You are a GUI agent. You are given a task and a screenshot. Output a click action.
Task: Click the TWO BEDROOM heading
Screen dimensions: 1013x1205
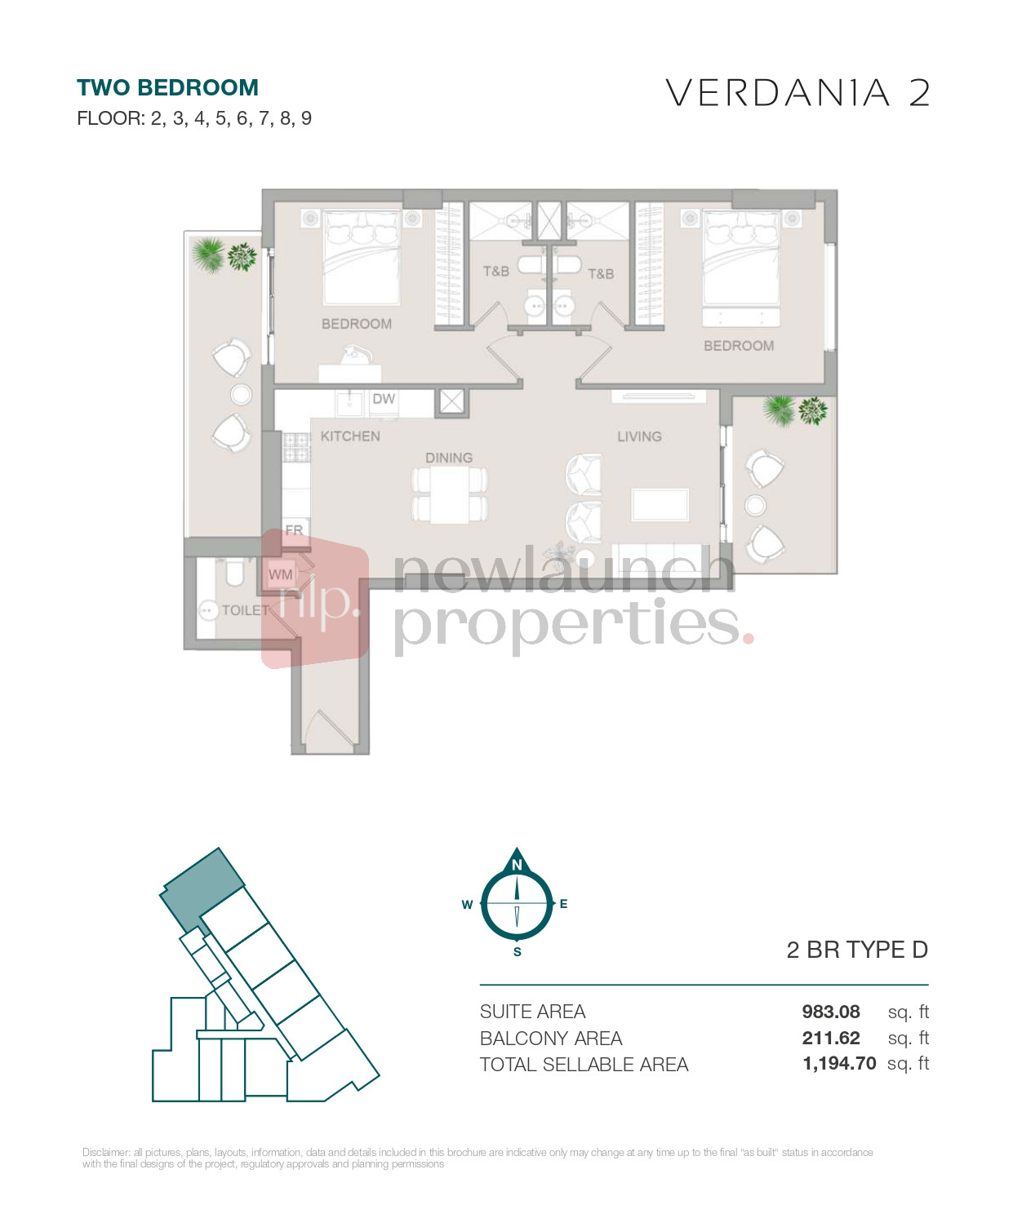click(167, 88)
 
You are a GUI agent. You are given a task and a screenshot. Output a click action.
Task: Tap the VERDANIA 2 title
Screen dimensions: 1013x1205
click(798, 93)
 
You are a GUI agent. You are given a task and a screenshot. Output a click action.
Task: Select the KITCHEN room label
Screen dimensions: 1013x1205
click(350, 436)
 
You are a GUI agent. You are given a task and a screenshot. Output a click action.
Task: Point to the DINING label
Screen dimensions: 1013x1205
click(449, 458)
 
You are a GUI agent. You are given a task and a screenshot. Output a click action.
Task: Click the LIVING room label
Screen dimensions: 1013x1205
click(639, 436)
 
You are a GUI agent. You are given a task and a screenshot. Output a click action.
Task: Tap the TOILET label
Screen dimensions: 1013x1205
click(246, 610)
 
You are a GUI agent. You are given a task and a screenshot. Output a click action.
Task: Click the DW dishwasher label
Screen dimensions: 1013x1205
click(384, 399)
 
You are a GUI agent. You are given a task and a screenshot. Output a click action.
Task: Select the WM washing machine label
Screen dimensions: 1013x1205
click(281, 574)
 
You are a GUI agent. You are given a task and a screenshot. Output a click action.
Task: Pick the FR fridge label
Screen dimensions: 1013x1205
click(294, 529)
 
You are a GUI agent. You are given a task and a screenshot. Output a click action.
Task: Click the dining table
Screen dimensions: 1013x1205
click(449, 495)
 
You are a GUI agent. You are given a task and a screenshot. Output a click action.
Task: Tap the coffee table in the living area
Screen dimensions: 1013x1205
click(660, 504)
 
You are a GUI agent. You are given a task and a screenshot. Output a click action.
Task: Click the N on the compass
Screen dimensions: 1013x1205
click(517, 865)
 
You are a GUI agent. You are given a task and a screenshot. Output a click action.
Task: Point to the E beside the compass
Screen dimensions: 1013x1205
click(564, 904)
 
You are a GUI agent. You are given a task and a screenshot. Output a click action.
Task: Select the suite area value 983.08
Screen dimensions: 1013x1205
click(830, 1012)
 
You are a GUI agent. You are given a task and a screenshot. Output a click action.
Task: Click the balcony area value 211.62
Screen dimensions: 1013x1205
click(830, 1039)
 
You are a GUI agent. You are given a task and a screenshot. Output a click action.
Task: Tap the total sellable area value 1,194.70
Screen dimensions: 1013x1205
click(839, 1064)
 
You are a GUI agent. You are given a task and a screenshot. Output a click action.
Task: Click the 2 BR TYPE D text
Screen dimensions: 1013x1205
click(857, 950)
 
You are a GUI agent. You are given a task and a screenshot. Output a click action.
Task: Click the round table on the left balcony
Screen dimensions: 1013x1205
click(241, 395)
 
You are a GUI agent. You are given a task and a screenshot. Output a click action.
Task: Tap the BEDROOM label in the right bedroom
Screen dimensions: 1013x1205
click(739, 346)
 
